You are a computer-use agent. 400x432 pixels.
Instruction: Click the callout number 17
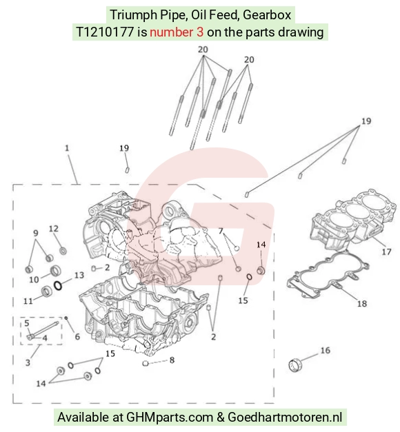tap(386, 251)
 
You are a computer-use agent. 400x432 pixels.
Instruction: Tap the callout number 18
tap(362, 304)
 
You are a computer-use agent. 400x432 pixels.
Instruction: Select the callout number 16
tap(326, 350)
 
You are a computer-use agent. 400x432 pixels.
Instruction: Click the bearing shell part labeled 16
tap(295, 365)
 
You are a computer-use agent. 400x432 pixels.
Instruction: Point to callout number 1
tap(67, 148)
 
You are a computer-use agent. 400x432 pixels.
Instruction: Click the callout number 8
tap(172, 360)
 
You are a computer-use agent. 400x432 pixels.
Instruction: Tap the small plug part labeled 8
tap(146, 364)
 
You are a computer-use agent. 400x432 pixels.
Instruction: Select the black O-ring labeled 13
tap(58, 286)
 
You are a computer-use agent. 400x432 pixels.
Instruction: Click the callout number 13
tap(79, 275)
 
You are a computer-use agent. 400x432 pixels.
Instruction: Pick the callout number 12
tap(54, 228)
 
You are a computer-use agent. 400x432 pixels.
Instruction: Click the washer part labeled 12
tap(63, 251)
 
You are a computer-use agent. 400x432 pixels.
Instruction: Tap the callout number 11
tap(28, 300)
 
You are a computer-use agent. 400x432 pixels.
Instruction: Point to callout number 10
tap(34, 279)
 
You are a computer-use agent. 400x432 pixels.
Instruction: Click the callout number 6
tap(77, 336)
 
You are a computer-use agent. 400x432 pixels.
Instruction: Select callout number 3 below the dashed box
tap(28, 362)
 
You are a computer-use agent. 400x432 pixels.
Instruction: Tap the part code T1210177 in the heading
tap(105, 32)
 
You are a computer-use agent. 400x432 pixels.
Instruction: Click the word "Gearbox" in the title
tap(267, 14)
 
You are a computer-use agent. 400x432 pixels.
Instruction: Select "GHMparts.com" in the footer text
tap(170, 418)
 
